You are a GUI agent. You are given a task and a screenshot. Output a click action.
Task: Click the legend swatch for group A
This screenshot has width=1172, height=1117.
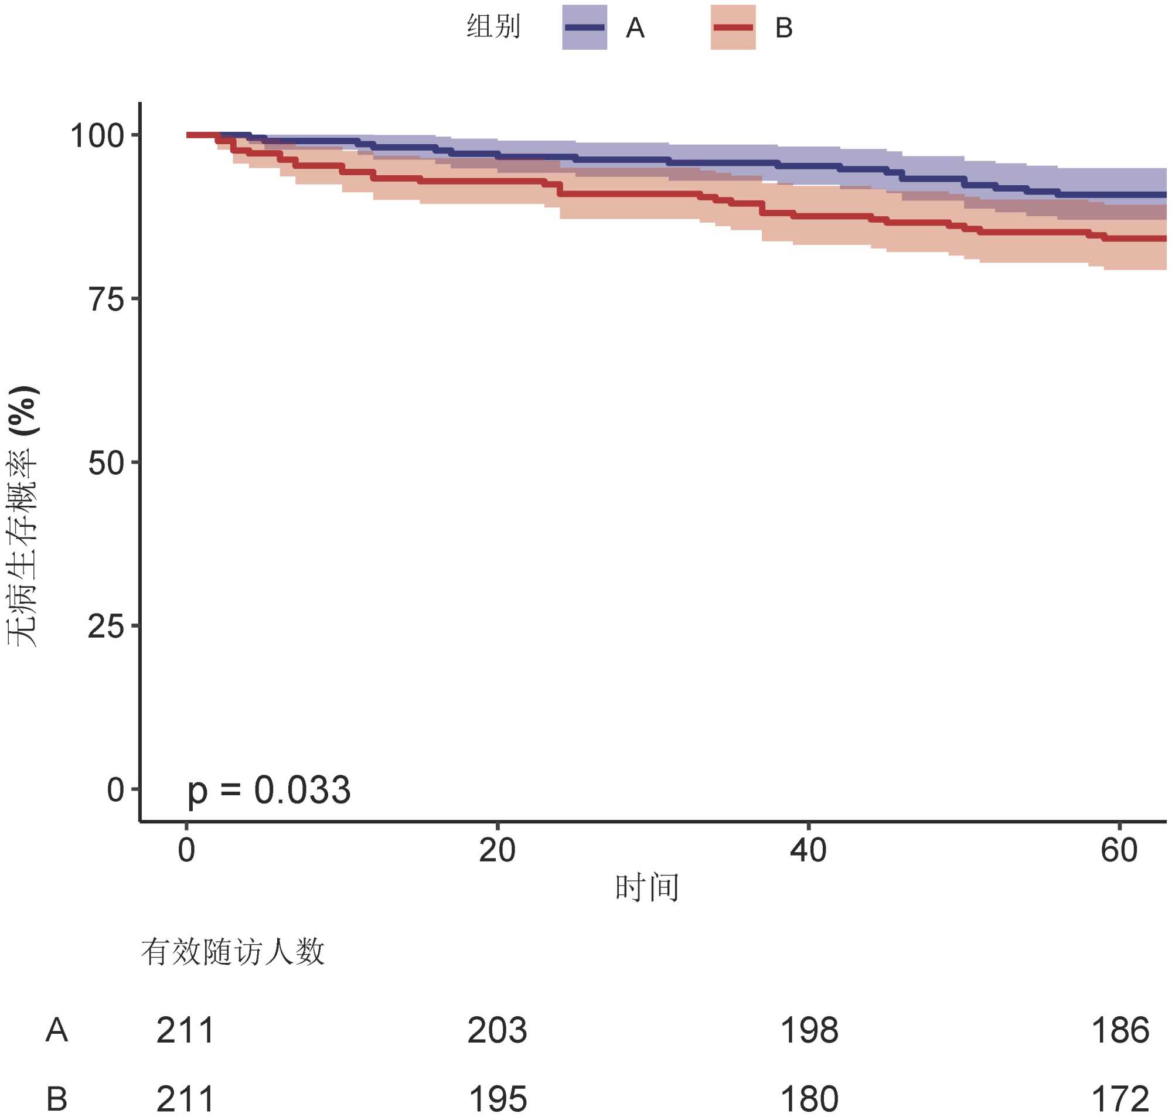(584, 28)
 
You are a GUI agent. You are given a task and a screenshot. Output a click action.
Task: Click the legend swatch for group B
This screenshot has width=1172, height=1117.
(732, 28)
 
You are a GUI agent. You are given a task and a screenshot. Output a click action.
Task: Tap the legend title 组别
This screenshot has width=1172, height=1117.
(493, 28)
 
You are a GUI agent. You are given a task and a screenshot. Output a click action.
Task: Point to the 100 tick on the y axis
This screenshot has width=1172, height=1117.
(97, 136)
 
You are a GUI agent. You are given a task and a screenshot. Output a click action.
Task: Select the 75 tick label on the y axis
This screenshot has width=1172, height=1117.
(106, 299)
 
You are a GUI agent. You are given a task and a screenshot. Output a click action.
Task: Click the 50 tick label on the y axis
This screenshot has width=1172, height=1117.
(106, 463)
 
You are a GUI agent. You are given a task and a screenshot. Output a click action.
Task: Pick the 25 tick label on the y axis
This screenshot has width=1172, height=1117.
(106, 626)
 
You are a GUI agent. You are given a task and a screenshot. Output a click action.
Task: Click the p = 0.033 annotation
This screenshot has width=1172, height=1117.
(269, 791)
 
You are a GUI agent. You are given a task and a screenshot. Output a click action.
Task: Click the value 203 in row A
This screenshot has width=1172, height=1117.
(497, 1031)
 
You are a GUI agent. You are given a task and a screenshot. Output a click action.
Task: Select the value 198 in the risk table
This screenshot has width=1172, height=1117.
(809, 1031)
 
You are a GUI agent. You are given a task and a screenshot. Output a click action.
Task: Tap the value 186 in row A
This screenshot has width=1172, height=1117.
(1120, 1031)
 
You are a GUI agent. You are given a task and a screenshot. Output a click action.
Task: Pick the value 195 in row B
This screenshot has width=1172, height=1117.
(498, 1099)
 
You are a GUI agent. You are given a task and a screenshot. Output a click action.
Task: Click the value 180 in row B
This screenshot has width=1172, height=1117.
(809, 1099)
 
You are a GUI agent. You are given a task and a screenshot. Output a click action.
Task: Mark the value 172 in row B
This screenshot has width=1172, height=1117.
(1120, 1099)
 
